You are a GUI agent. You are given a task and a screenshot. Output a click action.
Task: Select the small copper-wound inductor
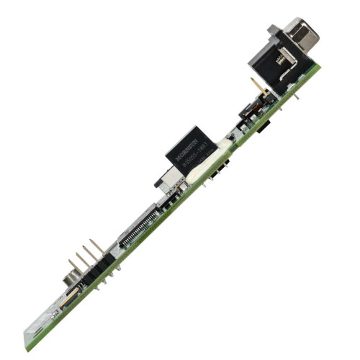tap(248, 112)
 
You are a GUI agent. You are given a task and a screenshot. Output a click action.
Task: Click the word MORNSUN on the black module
tap(189, 145)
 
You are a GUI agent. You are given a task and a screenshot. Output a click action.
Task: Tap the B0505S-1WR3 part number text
tap(197, 157)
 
